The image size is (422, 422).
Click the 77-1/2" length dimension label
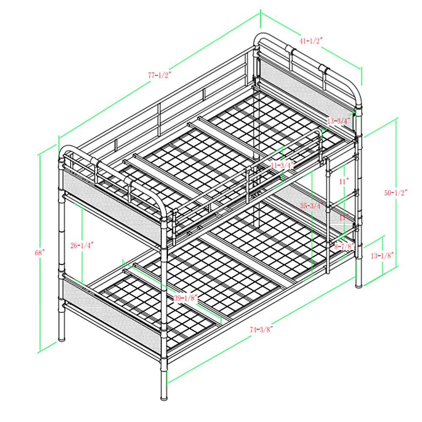[160, 75]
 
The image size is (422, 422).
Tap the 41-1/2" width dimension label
[311, 41]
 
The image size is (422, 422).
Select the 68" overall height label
[40, 252]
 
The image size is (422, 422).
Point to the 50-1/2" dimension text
[396, 192]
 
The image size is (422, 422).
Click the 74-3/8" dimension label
[262, 329]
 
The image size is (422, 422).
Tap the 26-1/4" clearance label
[82, 245]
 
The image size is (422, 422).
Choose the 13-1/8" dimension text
[383, 255]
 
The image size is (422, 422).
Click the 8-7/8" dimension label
[344, 246]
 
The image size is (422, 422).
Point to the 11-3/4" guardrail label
[282, 165]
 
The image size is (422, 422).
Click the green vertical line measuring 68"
[40, 253]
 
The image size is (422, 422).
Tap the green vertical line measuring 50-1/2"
[396, 193]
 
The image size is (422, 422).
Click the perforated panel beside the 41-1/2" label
[306, 92]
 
